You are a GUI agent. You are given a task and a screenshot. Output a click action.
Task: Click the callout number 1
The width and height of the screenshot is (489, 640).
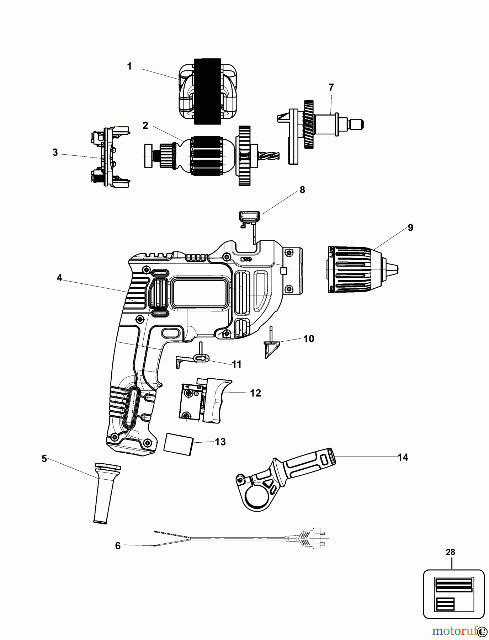129,66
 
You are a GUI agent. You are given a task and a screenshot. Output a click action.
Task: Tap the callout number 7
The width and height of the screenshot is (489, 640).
331,87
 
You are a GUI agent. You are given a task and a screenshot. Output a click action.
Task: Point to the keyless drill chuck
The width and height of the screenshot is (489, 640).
359,269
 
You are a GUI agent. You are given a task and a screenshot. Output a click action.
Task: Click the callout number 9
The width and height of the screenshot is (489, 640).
410,228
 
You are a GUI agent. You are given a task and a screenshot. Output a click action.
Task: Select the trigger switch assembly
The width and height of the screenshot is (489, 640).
204,400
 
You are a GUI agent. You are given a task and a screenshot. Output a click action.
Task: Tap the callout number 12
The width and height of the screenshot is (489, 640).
255,393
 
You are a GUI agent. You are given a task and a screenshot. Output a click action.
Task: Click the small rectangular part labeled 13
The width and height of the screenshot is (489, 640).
178,443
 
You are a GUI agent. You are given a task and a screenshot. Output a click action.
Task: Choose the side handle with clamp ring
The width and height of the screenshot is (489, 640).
285,479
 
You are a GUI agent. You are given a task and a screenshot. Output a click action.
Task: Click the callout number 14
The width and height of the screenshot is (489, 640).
403,457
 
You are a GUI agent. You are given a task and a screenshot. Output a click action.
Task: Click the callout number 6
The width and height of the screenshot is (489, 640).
118,545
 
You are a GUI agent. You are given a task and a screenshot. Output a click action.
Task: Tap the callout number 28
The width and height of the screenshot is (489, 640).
450,552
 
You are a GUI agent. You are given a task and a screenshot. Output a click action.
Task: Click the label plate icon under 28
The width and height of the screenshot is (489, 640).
453,594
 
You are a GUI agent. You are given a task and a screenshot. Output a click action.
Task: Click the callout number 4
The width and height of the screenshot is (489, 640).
59,278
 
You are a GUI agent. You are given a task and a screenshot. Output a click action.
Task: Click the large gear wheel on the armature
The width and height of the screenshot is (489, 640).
244,155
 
